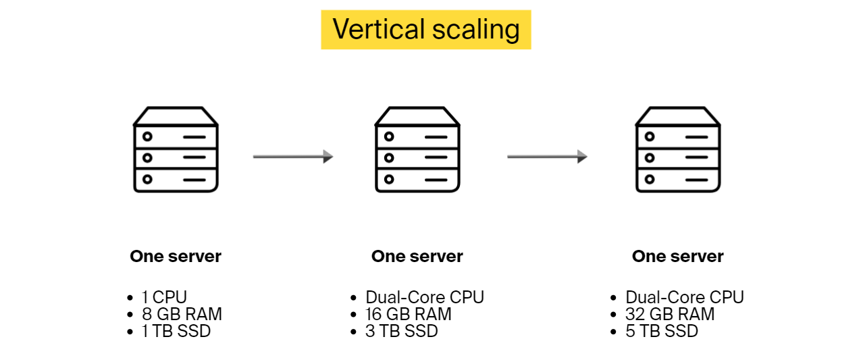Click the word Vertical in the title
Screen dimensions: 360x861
point(379,30)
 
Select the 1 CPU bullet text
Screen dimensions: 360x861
point(164,297)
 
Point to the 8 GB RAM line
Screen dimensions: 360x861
point(182,314)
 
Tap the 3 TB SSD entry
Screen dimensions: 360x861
point(402,331)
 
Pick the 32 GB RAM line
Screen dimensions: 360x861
point(670,314)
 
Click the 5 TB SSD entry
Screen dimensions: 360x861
point(662,331)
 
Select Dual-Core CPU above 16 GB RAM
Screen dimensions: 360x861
point(425,297)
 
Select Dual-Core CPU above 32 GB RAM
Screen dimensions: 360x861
point(685,297)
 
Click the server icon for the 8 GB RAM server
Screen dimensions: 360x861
point(176,149)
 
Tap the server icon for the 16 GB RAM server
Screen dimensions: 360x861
point(417,149)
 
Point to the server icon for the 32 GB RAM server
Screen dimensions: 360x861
point(678,149)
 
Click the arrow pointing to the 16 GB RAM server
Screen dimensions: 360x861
point(293,157)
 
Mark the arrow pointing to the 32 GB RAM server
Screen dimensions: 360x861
point(547,157)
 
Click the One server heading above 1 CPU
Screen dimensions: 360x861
point(176,257)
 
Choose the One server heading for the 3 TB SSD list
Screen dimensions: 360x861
point(417,257)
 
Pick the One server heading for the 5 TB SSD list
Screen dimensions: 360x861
point(678,257)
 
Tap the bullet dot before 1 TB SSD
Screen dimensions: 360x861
point(130,332)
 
